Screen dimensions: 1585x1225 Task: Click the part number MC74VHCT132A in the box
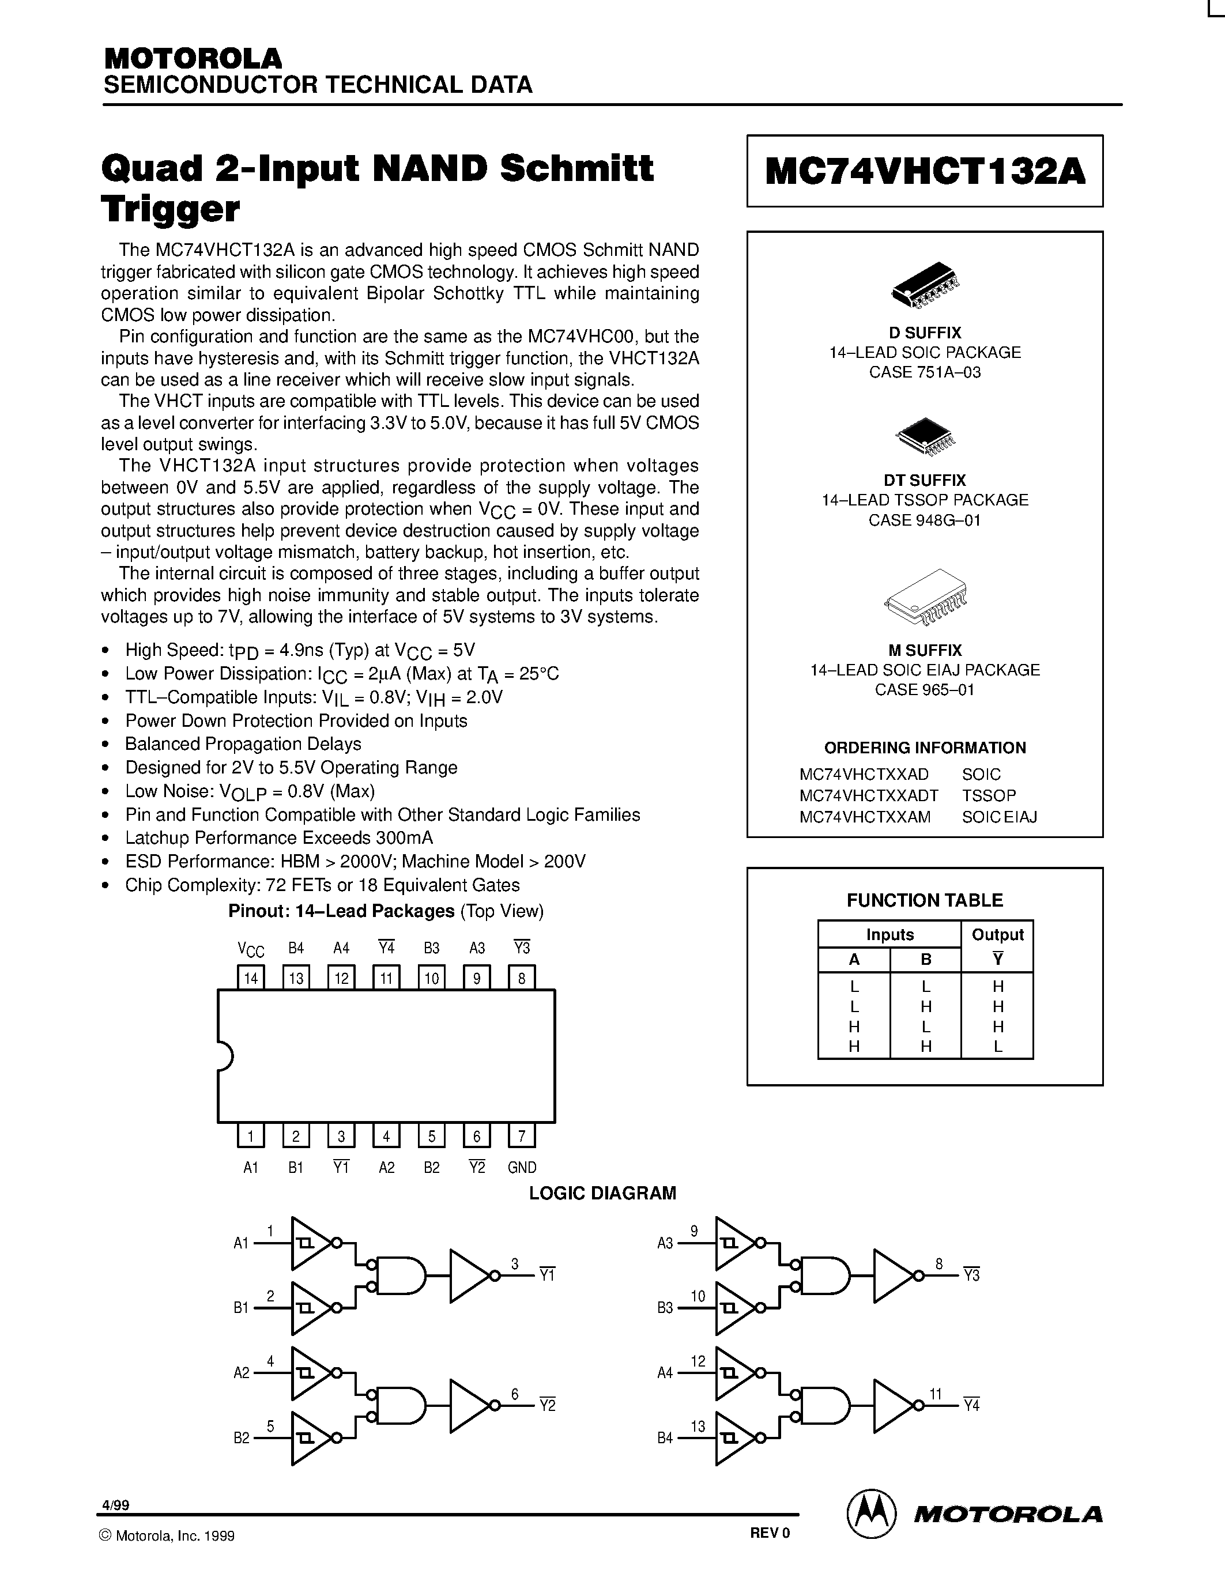click(x=925, y=172)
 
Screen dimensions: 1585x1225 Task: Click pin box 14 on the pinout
click(x=251, y=978)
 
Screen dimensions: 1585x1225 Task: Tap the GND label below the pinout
click(x=522, y=1168)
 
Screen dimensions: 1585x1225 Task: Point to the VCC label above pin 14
click(x=251, y=949)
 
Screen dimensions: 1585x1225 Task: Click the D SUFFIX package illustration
click(x=925, y=283)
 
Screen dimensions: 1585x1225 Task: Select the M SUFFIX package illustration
click(x=926, y=597)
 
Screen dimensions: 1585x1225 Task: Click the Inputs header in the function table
click(x=889, y=935)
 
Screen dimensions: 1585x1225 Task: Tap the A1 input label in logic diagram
click(x=241, y=1243)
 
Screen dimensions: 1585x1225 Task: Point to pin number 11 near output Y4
click(x=936, y=1394)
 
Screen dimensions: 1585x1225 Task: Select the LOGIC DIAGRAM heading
click(x=602, y=1193)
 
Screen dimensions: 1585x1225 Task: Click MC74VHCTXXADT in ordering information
click(x=869, y=795)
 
